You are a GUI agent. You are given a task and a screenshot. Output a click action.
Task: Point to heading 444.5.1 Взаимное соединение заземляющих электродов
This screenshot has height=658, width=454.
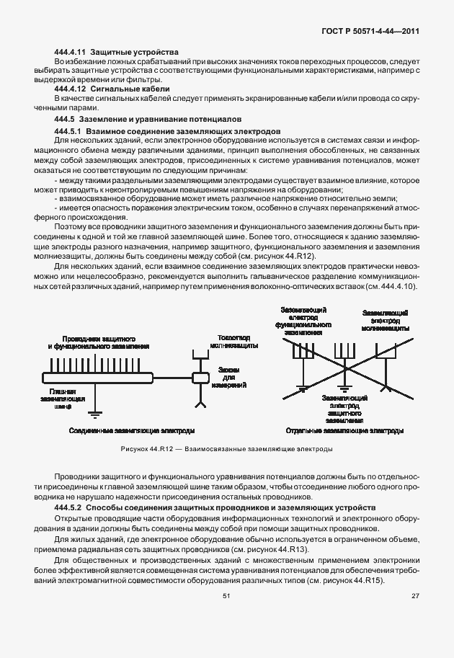pyautogui.click(x=163, y=132)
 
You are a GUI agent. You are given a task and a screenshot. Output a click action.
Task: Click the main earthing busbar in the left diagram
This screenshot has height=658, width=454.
pyautogui.click(x=97, y=377)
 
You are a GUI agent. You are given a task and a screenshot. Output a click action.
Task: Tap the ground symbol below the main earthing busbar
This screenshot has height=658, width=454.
pyautogui.click(x=72, y=414)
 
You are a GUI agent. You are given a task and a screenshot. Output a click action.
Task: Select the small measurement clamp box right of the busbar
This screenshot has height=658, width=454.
pyautogui.click(x=197, y=377)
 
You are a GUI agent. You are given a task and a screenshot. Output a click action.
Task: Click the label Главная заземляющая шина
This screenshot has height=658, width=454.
pyautogui.click(x=63, y=399)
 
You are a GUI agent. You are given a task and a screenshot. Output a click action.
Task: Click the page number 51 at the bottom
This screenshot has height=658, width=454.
pyautogui.click(x=226, y=615)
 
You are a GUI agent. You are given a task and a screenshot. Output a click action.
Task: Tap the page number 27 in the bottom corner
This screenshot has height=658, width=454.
pyautogui.click(x=415, y=615)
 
